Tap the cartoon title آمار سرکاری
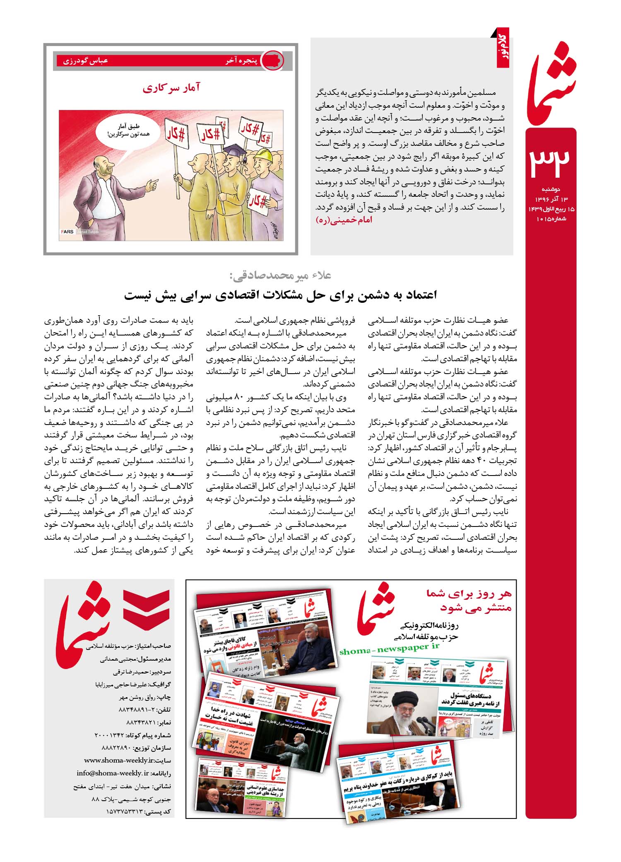[x=171, y=88]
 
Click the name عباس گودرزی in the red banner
[x=85, y=60]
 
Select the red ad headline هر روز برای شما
[x=469, y=594]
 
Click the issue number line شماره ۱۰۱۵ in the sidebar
[x=551, y=219]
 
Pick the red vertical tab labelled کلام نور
[x=503, y=48]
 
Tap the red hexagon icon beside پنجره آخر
[x=274, y=60]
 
